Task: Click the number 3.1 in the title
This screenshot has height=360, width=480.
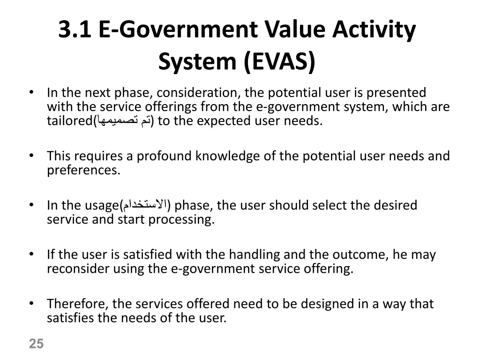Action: coord(75,30)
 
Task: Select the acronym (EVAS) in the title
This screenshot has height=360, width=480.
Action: coord(279,62)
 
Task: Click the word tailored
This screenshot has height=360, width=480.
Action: coord(69,121)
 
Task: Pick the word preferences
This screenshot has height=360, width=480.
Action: coord(83,170)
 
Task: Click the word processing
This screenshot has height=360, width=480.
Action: coord(181,219)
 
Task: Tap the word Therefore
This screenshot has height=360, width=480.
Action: coord(77,304)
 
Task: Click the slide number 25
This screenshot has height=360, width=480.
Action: coord(36,344)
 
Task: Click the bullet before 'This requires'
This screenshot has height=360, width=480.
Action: coord(31,155)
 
